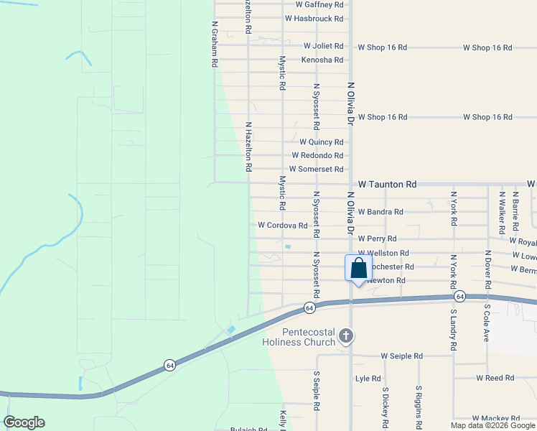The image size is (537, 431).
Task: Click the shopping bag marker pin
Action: pos(359,269)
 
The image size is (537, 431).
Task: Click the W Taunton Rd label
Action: pos(388,185)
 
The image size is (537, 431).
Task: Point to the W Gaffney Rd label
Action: pos(314,4)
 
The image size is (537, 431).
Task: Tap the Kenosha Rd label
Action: pos(322,60)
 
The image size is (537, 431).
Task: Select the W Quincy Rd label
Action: pos(322,142)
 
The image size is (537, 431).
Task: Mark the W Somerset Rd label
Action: pos(317,169)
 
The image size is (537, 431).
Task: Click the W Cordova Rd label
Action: pos(283,225)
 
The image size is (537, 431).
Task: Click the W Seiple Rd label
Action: pos(402,356)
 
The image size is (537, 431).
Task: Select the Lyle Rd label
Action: pos(367,378)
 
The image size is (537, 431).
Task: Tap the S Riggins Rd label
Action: pos(419,402)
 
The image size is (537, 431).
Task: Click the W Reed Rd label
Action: pos(495,378)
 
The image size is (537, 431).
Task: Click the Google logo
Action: pos(24,422)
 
